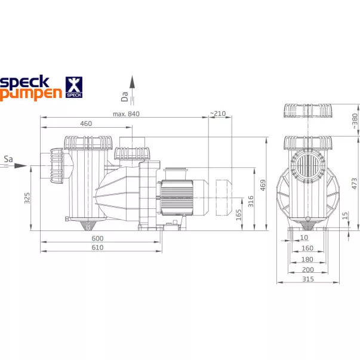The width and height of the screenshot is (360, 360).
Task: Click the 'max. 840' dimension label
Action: click(126, 114)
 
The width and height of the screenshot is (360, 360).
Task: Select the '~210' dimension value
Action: click(218, 113)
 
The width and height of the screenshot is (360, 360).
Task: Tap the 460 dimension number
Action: click(86, 124)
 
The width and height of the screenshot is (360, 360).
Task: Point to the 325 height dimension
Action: click(27, 198)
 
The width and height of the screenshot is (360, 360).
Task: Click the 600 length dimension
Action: click(97, 238)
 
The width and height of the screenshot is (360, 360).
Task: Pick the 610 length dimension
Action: click(97, 248)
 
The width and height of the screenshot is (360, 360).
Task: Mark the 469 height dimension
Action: click(263, 185)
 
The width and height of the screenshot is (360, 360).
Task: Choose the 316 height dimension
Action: click(251, 201)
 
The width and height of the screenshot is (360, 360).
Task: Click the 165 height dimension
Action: click(239, 215)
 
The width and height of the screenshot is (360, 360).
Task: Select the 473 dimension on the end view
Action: click(354, 183)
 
